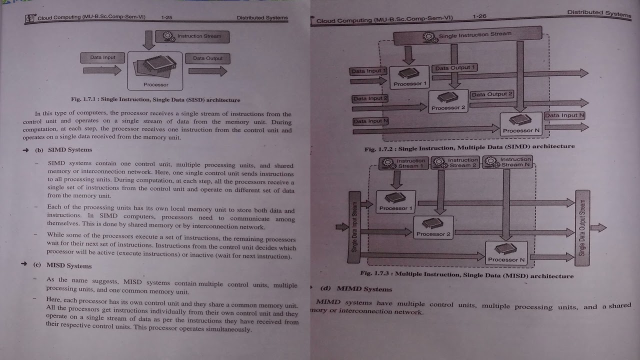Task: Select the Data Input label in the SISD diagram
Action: click(102, 57)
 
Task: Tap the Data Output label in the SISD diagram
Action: click(207, 58)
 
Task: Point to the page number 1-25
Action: click(166, 17)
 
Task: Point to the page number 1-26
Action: click(479, 16)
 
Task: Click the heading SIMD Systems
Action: click(69, 149)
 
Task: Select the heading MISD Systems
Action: click(69, 265)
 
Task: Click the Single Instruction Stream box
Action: click(467, 35)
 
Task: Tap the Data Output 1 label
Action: click(455, 67)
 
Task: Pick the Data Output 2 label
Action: click(492, 94)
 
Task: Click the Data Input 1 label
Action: click(368, 71)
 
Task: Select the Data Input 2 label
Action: click(370, 98)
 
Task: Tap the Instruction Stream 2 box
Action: click(455, 162)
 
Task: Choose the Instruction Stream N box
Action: click(507, 162)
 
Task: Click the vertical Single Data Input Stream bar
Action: click(354, 226)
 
